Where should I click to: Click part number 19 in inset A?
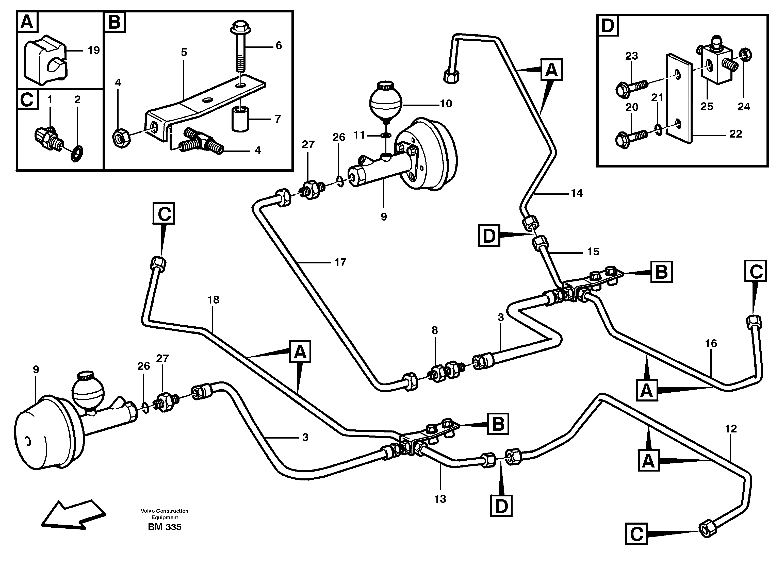[93, 51]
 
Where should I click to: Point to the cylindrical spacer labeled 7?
[240, 119]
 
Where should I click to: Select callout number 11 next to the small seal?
[359, 135]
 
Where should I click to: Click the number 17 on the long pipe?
[340, 263]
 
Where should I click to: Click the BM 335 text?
[165, 527]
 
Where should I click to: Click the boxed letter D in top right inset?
[608, 26]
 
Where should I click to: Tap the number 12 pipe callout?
[731, 429]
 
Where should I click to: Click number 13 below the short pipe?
[440, 499]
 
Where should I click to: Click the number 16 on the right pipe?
[711, 343]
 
